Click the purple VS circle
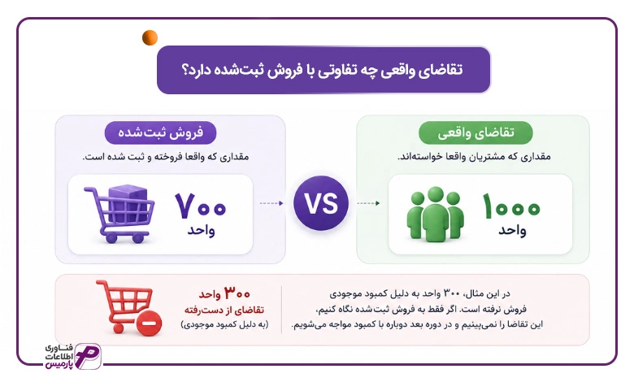point(321,203)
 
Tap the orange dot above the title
point(150,37)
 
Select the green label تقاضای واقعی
point(475,132)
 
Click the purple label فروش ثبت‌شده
point(160,132)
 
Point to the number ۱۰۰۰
point(511,206)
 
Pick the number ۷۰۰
point(201,206)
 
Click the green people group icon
point(435,214)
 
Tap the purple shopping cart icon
point(119,214)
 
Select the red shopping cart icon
point(128,307)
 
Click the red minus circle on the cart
point(150,323)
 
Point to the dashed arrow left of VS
point(271,203)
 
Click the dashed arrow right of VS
point(368,203)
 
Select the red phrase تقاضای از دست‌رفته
point(224,310)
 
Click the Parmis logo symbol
point(88,356)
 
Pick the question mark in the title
point(185,71)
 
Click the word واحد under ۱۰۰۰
point(512,230)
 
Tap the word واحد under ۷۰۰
point(201,230)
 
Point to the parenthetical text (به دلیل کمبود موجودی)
point(224,324)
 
